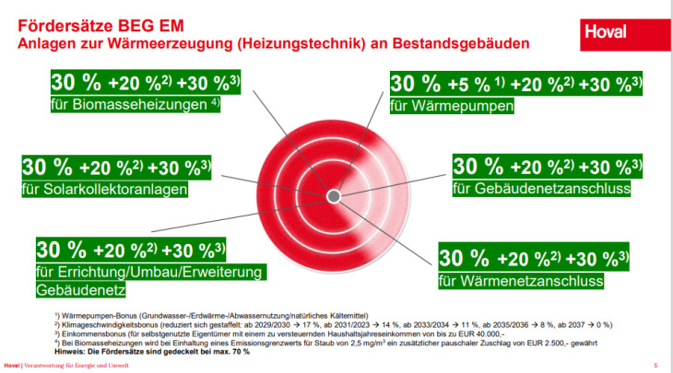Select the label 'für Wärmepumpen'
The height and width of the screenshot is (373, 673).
pos(452,106)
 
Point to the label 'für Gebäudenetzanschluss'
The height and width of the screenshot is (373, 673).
pos(540,189)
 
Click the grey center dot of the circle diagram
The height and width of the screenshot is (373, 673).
pos(334,197)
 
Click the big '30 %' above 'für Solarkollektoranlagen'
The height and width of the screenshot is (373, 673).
pos(47,168)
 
